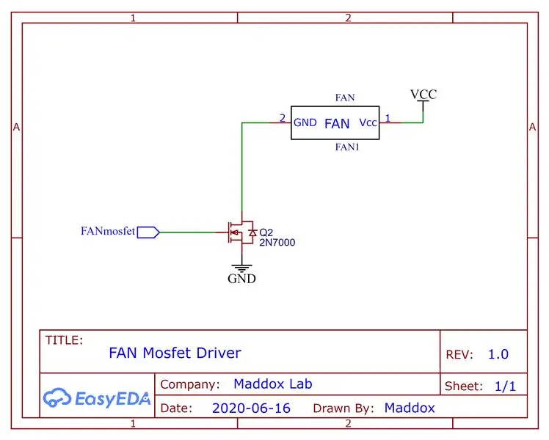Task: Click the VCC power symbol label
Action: tap(423, 94)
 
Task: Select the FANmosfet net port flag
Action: tap(148, 232)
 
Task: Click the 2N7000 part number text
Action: tap(277, 243)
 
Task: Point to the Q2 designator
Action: tap(266, 232)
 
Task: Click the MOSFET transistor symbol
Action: tap(241, 232)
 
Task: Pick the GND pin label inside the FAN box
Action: tap(305, 122)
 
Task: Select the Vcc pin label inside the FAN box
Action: tap(368, 122)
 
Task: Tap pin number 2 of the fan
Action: tap(282, 118)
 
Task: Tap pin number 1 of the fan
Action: tap(388, 118)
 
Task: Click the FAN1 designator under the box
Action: tap(347, 147)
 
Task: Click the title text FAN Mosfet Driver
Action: tap(175, 353)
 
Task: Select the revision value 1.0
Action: tap(498, 354)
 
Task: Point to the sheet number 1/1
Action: tap(505, 386)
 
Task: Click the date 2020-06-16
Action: tap(252, 408)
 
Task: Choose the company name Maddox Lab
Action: tap(273, 384)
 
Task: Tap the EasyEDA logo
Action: tap(97, 398)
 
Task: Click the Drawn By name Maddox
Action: tap(410, 408)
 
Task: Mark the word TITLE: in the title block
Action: tap(64, 340)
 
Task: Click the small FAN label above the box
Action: tap(345, 98)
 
